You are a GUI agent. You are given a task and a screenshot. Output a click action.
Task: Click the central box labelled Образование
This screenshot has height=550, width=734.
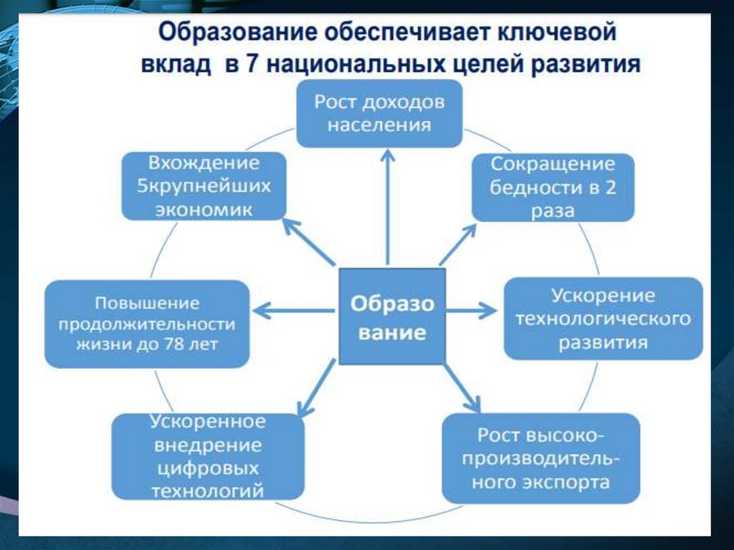click(x=391, y=316)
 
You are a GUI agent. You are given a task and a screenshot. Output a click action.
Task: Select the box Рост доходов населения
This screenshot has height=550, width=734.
click(x=379, y=113)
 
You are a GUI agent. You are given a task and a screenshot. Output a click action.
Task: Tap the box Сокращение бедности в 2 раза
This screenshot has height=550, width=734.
click(x=553, y=187)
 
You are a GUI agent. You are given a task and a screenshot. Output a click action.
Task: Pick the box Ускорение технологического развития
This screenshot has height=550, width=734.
click(x=603, y=318)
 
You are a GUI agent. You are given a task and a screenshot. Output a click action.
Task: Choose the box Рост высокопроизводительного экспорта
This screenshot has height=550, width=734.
click(x=541, y=458)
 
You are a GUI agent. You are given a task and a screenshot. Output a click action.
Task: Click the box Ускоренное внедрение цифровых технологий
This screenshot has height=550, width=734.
click(x=208, y=456)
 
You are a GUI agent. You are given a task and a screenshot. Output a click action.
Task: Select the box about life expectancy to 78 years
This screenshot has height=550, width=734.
click(x=148, y=324)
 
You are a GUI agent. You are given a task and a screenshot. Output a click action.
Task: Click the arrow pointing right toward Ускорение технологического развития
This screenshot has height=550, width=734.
click(x=472, y=310)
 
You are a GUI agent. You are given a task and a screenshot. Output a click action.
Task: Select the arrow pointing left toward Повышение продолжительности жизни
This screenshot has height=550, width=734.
click(x=294, y=310)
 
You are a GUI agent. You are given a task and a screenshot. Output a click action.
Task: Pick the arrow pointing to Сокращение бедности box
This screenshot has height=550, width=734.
click(x=458, y=244)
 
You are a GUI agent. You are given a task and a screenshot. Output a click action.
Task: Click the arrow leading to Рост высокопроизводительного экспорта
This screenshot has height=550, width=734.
click(x=461, y=387)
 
